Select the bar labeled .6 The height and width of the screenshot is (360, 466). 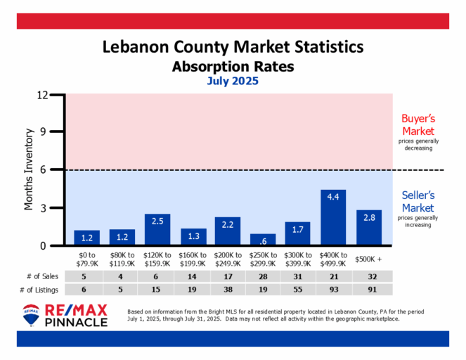(263, 240)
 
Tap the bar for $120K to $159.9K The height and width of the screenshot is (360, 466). (157, 230)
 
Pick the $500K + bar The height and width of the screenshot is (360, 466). (369, 228)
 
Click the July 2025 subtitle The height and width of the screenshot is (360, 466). (233, 81)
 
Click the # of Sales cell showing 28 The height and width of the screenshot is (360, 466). (263, 276)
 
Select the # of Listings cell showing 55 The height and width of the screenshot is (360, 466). (298, 289)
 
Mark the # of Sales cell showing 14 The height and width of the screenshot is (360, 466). (193, 276)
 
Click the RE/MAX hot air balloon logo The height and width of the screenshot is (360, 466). (32, 316)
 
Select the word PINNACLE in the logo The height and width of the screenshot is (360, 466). (76, 322)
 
